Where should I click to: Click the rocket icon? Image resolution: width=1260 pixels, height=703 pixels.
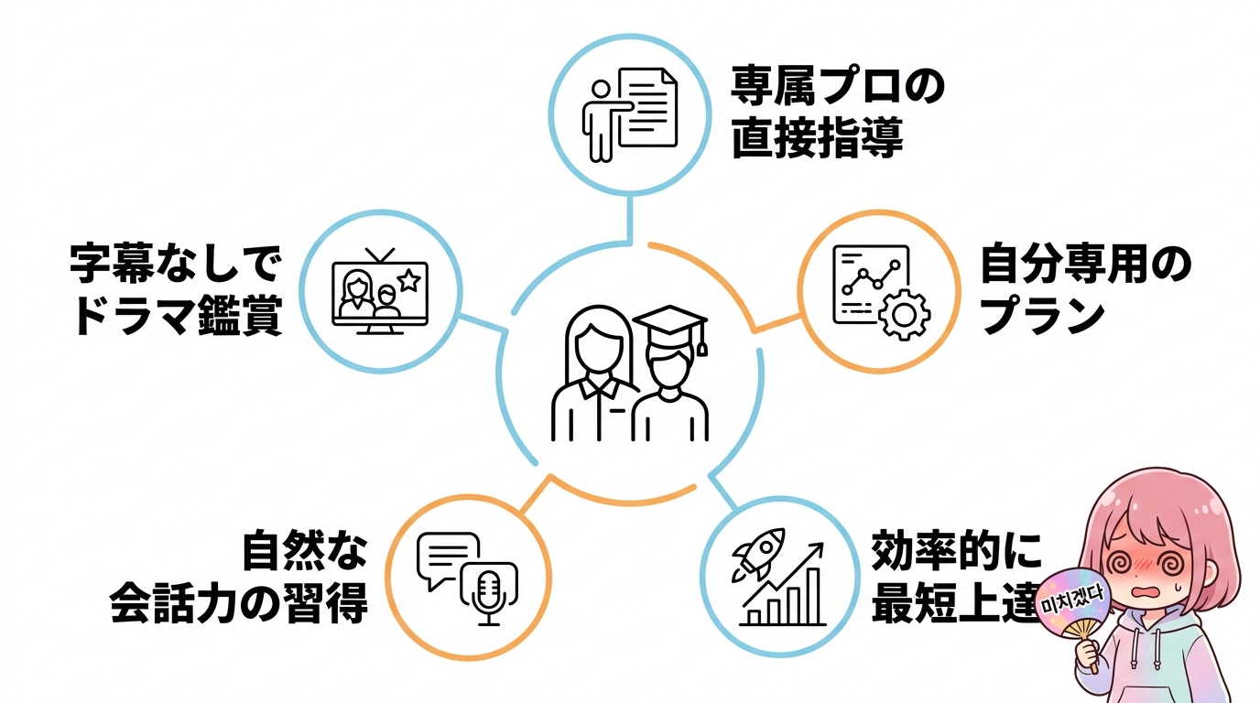pos(759,554)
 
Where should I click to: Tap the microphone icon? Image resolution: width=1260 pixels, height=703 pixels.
pos(488,598)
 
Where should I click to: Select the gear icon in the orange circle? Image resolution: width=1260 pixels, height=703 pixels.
pos(904,315)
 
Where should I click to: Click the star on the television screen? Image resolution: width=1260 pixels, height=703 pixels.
pos(408,280)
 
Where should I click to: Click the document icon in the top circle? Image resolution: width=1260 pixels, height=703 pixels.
pos(647,107)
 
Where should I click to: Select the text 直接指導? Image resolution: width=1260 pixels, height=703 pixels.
pos(818,137)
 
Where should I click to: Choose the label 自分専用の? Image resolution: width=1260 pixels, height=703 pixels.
pos(1086,264)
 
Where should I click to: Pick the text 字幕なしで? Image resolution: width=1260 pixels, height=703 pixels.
pos(175,264)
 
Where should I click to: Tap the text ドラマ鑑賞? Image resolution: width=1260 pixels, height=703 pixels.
pos(179,315)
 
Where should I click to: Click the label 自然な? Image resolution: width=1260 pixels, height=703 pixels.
pos(305,549)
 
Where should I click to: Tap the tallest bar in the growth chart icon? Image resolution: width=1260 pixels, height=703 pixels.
pos(813,596)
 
